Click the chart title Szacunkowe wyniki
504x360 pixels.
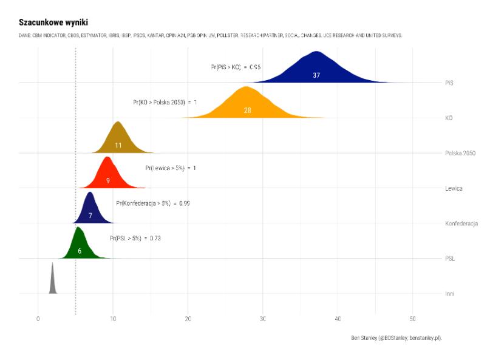click(44, 22)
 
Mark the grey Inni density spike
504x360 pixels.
click(53, 282)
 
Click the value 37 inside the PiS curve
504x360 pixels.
click(316, 75)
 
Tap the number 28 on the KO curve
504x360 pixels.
click(247, 110)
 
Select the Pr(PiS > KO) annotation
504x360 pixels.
click(236, 67)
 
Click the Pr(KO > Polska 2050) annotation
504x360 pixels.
click(165, 102)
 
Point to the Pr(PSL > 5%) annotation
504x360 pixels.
click(135, 238)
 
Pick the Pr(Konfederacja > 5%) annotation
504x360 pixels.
click(152, 203)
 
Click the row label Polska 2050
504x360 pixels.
click(460, 153)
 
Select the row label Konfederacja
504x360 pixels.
click(461, 223)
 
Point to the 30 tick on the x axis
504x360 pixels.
click(262, 319)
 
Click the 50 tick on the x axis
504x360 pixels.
click(412, 319)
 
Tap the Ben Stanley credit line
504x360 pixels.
click(396, 338)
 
